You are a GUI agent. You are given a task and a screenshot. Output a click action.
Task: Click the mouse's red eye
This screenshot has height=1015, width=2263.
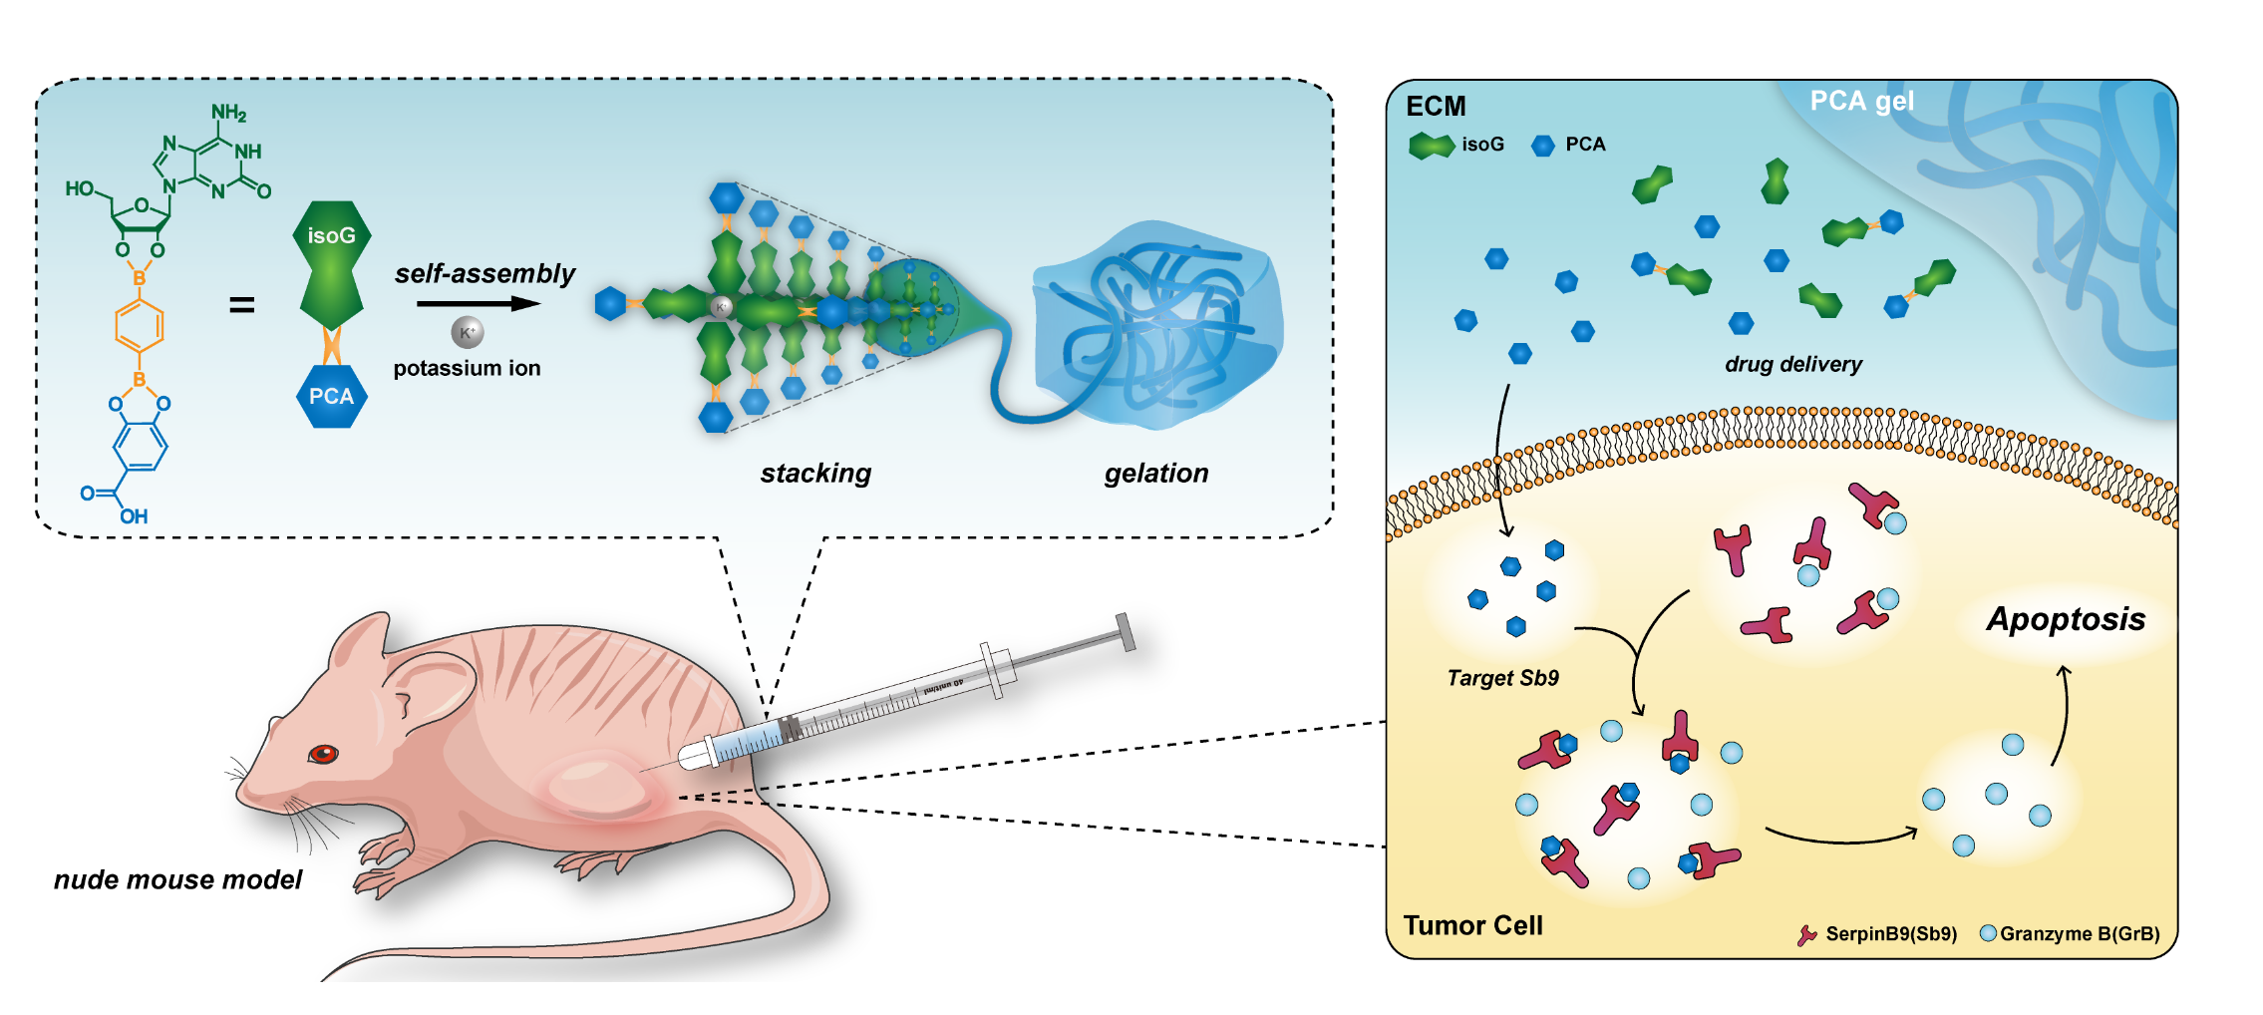pos(323,754)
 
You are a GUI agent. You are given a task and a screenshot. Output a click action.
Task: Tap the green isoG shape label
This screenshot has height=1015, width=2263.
pos(331,236)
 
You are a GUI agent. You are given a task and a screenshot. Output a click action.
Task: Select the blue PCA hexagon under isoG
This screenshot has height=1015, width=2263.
pos(331,396)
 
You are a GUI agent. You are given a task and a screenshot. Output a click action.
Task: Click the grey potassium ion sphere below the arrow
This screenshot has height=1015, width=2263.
pos(468,332)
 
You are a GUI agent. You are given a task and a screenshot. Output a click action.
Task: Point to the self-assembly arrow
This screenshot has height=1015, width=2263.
pos(479,303)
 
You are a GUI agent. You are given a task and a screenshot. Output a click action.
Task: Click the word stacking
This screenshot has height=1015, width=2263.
pos(815,473)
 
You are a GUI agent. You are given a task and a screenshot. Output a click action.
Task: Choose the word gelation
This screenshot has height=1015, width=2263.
pos(1155,473)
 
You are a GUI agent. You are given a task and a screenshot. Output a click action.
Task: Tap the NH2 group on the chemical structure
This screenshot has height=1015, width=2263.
pos(228,113)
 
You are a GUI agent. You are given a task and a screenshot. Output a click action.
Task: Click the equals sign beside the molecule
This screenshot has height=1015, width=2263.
pos(242,305)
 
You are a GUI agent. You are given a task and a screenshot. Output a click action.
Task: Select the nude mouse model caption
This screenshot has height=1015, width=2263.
pos(177,879)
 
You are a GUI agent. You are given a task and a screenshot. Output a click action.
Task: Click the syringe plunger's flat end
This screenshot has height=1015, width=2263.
pos(1126,632)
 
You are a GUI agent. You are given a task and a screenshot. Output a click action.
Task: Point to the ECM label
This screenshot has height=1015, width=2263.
pos(1436,107)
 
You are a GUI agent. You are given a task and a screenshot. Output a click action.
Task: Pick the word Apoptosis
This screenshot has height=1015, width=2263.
pos(2066,619)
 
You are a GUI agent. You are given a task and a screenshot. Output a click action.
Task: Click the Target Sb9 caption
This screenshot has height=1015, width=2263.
pos(1502,678)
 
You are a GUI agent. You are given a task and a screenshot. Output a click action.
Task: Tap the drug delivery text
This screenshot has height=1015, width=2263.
pos(1792,364)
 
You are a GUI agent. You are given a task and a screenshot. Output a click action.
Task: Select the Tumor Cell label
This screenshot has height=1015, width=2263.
pos(1472,925)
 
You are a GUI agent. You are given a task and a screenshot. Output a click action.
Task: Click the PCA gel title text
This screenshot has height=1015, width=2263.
pos(1861,101)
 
